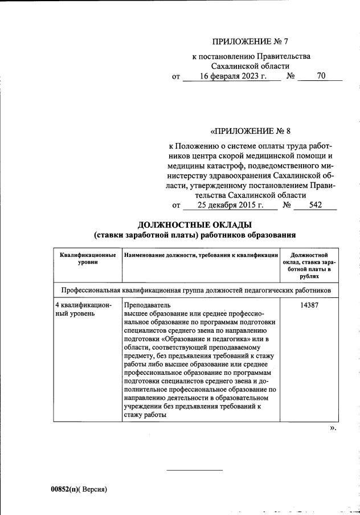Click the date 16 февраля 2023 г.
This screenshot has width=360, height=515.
233,76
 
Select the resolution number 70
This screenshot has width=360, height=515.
321,76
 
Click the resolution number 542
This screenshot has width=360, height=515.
316,205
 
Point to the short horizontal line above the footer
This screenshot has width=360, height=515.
194,470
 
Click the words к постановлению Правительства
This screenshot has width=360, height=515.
251,56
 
